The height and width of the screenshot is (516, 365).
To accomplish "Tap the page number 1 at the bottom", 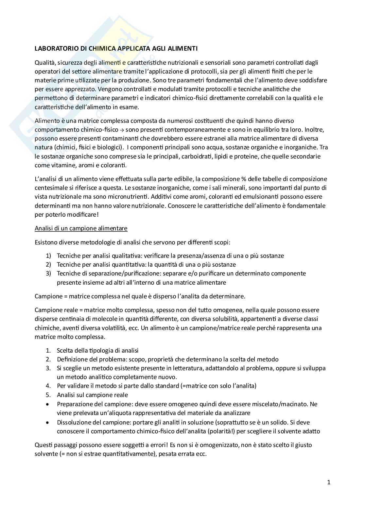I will click(x=329, y=482).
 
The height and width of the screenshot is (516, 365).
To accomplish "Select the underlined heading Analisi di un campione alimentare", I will click(x=81, y=228).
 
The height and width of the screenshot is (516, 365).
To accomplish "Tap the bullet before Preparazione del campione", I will click(x=48, y=404).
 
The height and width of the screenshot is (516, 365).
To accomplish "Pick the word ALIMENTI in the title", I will click(x=183, y=49).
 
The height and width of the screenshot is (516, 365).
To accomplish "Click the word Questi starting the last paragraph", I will click(x=44, y=445).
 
